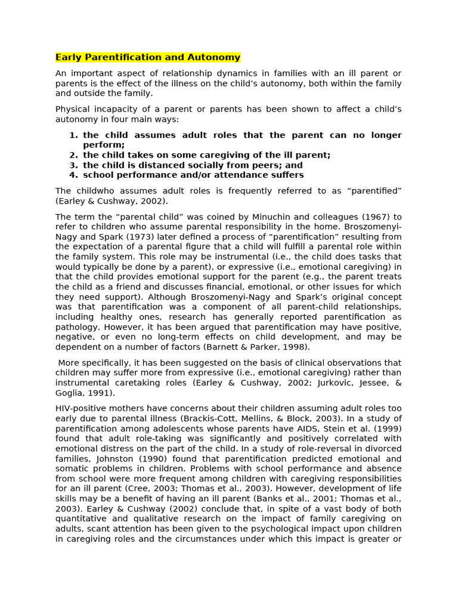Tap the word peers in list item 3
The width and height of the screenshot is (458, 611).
click(x=257, y=165)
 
